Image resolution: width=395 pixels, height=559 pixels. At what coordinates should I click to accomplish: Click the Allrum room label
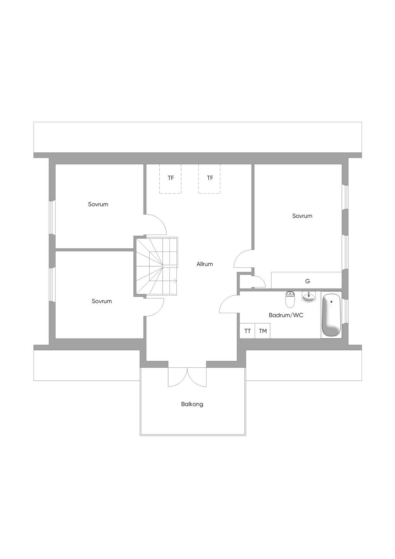204,264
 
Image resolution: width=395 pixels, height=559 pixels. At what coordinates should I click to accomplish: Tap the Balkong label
192,404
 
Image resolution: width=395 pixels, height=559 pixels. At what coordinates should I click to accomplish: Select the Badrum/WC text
286,315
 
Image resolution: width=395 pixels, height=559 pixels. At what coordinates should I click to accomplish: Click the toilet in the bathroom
290,299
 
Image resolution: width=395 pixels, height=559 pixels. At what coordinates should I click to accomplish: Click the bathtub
331,315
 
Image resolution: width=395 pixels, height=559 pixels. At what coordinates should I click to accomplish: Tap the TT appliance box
247,331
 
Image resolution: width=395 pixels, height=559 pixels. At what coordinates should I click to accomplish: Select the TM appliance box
263,331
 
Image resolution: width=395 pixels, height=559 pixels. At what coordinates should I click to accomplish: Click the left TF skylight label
170,178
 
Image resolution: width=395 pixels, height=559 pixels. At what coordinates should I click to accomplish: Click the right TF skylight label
210,178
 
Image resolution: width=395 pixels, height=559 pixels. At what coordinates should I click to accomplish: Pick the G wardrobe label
307,281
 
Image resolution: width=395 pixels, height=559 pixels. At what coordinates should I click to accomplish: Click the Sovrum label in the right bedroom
302,216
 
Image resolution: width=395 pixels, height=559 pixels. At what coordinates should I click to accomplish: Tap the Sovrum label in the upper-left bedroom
98,204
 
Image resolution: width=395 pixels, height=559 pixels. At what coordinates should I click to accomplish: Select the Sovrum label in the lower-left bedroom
101,301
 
